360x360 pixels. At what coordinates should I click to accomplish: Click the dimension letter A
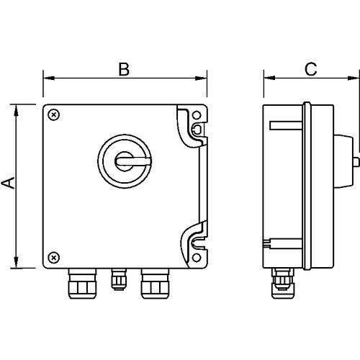[8, 184]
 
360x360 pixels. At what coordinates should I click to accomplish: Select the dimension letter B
[124, 69]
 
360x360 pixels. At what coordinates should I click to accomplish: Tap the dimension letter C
[310, 69]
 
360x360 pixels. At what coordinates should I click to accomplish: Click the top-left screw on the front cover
[55, 114]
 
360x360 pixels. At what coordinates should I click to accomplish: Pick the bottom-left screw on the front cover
[55, 256]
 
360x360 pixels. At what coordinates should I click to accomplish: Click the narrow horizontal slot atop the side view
[283, 126]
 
